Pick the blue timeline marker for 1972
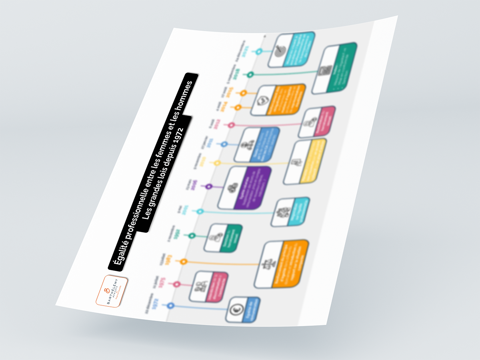click(x=171, y=306)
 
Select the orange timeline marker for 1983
click(x=184, y=262)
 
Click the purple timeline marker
click(x=208, y=186)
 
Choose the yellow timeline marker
click(x=217, y=163)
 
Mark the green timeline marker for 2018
click(x=250, y=74)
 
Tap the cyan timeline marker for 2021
click(x=259, y=51)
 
